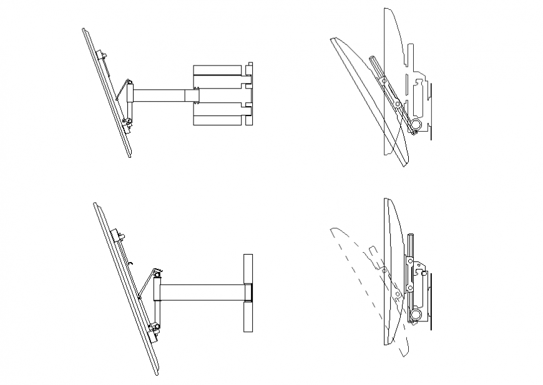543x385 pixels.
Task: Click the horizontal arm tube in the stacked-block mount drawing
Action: pos(159,95)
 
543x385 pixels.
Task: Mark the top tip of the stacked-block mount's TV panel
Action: pos(83,29)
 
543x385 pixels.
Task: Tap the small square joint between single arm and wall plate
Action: pos(248,292)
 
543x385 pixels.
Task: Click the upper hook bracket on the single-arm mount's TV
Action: pos(117,235)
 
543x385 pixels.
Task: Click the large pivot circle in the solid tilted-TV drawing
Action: pos(414,125)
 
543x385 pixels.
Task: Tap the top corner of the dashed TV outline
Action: pos(331,231)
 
